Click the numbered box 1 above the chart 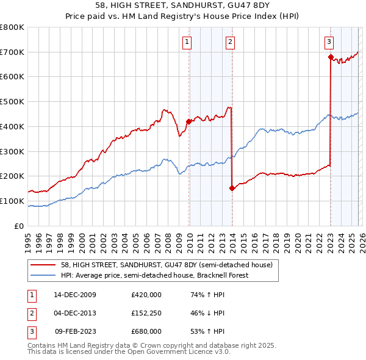(187, 42)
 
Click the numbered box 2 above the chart (230, 42)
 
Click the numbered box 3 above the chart (329, 42)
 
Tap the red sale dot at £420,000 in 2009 (188, 121)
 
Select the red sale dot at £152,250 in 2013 (232, 188)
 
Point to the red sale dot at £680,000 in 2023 (331, 57)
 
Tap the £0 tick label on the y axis (18, 226)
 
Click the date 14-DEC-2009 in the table (74, 295)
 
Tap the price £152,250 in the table (146, 313)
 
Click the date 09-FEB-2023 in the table (75, 331)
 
